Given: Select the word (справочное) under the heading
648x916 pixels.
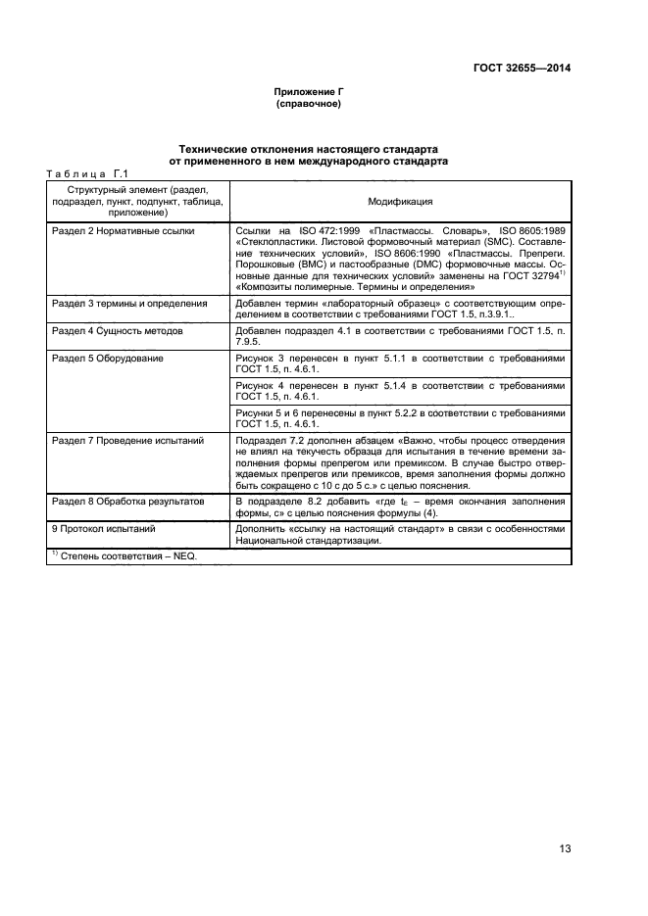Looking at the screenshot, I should point(308,104).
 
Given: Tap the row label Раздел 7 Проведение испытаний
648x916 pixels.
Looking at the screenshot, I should point(126,441).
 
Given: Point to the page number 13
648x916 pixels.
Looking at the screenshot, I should point(565,848).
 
